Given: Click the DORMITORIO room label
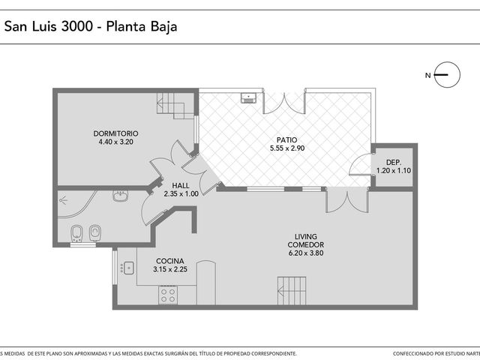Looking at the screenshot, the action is pos(115,133).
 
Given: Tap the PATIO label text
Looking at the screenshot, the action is pos(286,140).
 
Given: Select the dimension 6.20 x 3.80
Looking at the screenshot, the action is pos(306,253).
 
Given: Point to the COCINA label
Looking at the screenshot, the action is pos(170,261).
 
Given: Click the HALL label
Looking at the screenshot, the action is pos(181,185).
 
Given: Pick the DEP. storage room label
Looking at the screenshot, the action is pos(394,163).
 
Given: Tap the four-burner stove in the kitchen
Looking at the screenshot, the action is pos(168,295).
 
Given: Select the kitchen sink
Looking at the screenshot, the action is pos(129,268).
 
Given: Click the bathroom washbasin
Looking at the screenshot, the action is pos(120,196).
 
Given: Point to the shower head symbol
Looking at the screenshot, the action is pos(63,200).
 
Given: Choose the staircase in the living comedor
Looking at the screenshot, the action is pos(292,290).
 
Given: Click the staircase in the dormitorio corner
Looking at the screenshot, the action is pos(175,106).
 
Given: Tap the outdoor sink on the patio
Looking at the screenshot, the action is pos(248,97).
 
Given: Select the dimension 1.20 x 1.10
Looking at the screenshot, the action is pos(394,171).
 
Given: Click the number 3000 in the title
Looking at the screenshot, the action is pos(76,26).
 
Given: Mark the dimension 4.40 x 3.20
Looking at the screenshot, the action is pos(115,142).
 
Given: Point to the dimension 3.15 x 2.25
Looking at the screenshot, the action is pos(170,269).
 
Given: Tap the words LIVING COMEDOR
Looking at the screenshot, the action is pos(306,241).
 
